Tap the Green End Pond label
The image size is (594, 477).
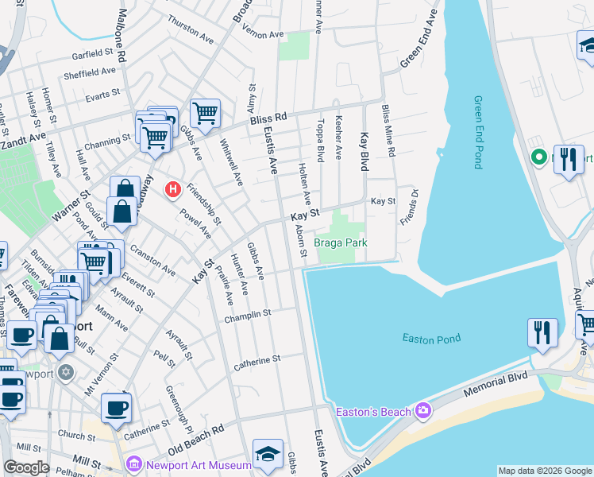pos(478,132)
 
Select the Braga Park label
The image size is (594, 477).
pos(341,242)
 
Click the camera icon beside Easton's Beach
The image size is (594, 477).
pos(423,411)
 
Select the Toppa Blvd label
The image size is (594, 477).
pos(322,141)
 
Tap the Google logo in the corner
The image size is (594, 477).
pos(26,467)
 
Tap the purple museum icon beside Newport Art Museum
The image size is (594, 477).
pos(133,463)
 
